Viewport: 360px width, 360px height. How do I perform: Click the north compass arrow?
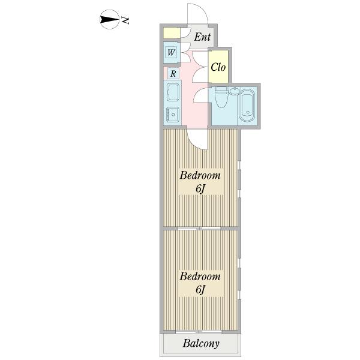[109, 20]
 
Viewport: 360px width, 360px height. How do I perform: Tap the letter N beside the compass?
[126, 20]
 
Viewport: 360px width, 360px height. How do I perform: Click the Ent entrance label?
[202, 37]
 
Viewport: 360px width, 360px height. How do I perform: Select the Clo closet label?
[218, 67]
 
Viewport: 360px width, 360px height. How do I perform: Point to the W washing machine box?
[172, 53]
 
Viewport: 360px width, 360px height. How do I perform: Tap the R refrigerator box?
[172, 74]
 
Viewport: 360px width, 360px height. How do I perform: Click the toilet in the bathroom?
[221, 97]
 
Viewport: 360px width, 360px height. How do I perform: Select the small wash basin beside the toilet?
[233, 91]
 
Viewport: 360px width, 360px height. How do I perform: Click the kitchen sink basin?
[173, 92]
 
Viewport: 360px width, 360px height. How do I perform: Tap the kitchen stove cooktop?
[173, 113]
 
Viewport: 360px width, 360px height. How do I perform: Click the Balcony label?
[201, 344]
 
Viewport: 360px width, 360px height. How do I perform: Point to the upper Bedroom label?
[200, 176]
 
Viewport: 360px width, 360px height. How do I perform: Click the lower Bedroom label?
[200, 277]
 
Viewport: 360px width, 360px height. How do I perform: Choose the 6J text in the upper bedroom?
[200, 189]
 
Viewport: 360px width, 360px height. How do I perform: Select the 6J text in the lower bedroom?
[200, 290]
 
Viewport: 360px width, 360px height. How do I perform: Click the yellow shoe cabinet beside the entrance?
[172, 33]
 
